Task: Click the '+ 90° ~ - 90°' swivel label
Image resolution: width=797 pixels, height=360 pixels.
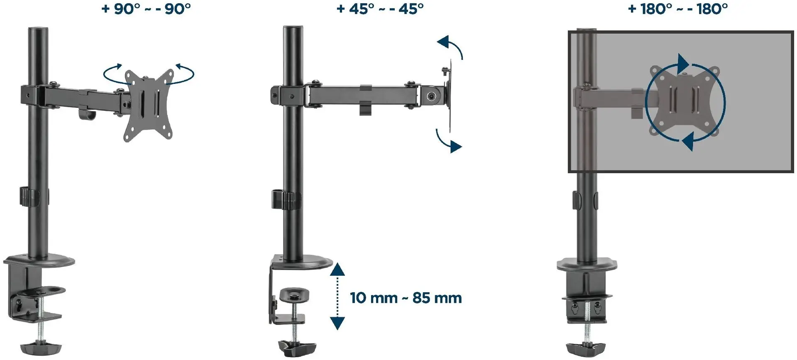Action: coord(147,9)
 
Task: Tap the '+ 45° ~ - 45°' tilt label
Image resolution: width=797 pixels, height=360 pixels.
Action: coord(380,9)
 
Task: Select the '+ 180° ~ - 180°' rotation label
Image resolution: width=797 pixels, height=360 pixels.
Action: coord(678,9)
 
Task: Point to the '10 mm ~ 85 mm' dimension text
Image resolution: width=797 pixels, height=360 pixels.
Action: coord(406,298)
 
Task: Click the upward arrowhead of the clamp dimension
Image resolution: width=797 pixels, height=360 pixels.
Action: coord(337,270)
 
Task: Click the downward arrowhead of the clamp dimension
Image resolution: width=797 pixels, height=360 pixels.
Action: coord(337,323)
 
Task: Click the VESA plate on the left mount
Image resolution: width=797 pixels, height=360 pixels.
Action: coord(149,105)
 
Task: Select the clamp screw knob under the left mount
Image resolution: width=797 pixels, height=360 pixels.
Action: coord(41,346)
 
